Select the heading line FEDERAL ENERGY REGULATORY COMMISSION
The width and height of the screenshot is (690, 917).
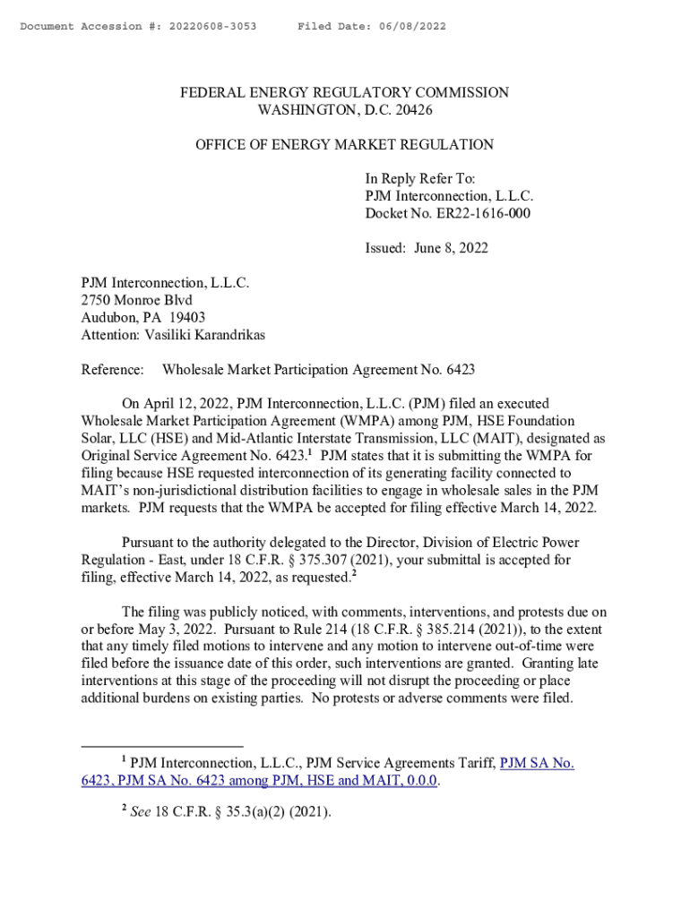[x=344, y=93]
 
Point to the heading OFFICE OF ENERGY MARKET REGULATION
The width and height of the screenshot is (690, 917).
[x=344, y=144]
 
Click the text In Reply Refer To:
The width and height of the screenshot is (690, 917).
[x=419, y=179]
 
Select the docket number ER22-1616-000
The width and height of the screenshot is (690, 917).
[x=479, y=214]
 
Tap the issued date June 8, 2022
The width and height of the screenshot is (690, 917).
[x=452, y=248]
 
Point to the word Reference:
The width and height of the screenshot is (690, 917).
[x=112, y=369]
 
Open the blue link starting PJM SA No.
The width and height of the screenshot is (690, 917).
[x=536, y=763]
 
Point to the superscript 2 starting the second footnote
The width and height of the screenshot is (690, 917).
[x=124, y=809]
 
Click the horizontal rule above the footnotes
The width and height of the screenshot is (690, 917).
[x=162, y=745]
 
